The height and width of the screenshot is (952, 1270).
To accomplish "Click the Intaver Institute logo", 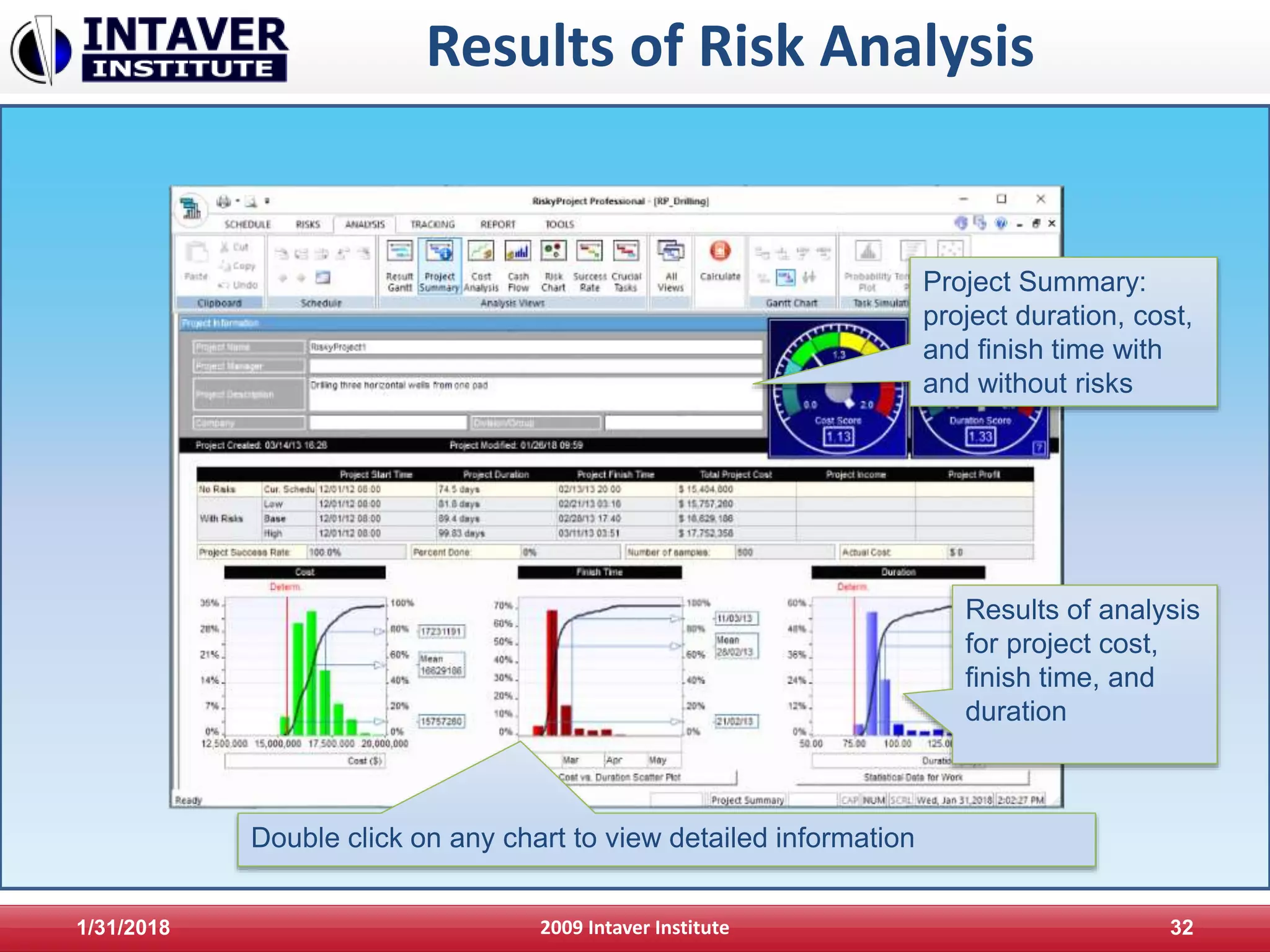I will coord(149,50).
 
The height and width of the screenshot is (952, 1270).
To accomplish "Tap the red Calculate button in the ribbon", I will coord(719,252).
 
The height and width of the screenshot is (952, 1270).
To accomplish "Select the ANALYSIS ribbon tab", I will coord(365,224).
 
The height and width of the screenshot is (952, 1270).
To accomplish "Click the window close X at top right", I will coord(1041,199).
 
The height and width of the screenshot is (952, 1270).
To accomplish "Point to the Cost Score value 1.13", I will coord(838,436).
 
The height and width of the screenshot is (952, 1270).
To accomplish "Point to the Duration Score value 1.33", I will coord(980,436).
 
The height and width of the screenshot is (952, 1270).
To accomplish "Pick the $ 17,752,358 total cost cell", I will coord(706,533).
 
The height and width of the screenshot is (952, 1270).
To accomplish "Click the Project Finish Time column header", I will coord(615,475).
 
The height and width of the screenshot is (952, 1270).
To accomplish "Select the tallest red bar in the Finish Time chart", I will coord(551,672).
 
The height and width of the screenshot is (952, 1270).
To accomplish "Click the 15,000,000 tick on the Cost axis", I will coord(278,744).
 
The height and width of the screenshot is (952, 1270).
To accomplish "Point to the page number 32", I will coord(1181,927).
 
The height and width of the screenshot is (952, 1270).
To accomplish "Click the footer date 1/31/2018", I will coord(123,927).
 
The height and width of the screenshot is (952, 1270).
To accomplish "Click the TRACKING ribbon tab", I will coord(432,224).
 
